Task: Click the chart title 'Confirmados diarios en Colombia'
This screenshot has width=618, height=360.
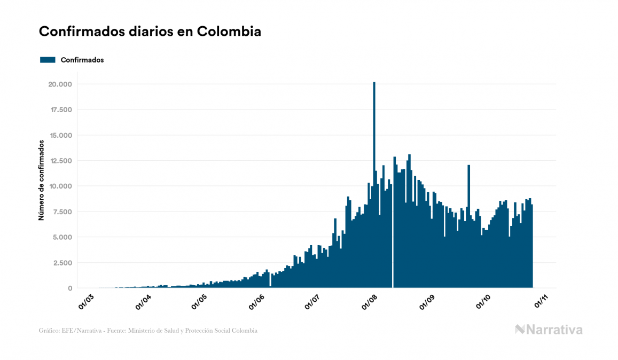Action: [150, 32]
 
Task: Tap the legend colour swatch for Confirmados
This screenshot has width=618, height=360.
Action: [48, 60]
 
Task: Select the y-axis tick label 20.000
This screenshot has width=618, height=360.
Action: [60, 84]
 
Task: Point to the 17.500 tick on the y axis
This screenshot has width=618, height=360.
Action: [60, 110]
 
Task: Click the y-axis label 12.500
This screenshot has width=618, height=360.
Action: [60, 161]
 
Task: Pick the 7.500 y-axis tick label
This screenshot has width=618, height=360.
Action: [62, 212]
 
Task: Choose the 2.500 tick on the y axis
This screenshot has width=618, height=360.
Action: [62, 263]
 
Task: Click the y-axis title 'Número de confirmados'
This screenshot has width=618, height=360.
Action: [41, 181]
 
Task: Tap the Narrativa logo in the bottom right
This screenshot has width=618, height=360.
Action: [549, 330]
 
